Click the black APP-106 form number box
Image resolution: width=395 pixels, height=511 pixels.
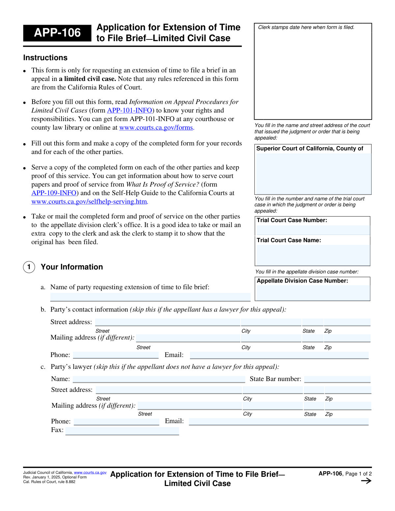57,33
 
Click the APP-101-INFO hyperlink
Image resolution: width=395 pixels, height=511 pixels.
130,111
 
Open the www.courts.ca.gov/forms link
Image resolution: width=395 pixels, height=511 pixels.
156,128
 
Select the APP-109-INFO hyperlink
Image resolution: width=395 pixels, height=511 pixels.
54,193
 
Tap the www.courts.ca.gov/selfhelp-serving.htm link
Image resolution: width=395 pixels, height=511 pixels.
89,202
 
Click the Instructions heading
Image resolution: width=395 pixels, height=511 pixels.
45,58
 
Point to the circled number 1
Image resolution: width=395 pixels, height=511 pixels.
29,267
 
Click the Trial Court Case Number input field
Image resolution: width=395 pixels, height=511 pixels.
312,230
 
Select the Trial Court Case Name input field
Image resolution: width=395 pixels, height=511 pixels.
312,255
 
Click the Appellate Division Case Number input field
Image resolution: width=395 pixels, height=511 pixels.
312,293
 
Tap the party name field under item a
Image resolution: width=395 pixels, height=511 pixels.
150,297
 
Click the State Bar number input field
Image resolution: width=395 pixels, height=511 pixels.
337,379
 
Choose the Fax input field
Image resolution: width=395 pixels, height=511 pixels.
122,431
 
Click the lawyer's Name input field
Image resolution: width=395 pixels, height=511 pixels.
159,379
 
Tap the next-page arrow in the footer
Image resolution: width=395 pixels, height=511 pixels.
366,481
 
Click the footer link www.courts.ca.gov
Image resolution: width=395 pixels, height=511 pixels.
90,473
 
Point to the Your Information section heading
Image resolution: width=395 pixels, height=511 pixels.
72,267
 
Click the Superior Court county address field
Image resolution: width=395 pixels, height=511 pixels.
313,173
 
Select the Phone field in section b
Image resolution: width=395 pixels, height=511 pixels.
116,355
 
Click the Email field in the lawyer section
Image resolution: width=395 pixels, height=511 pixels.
278,422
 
